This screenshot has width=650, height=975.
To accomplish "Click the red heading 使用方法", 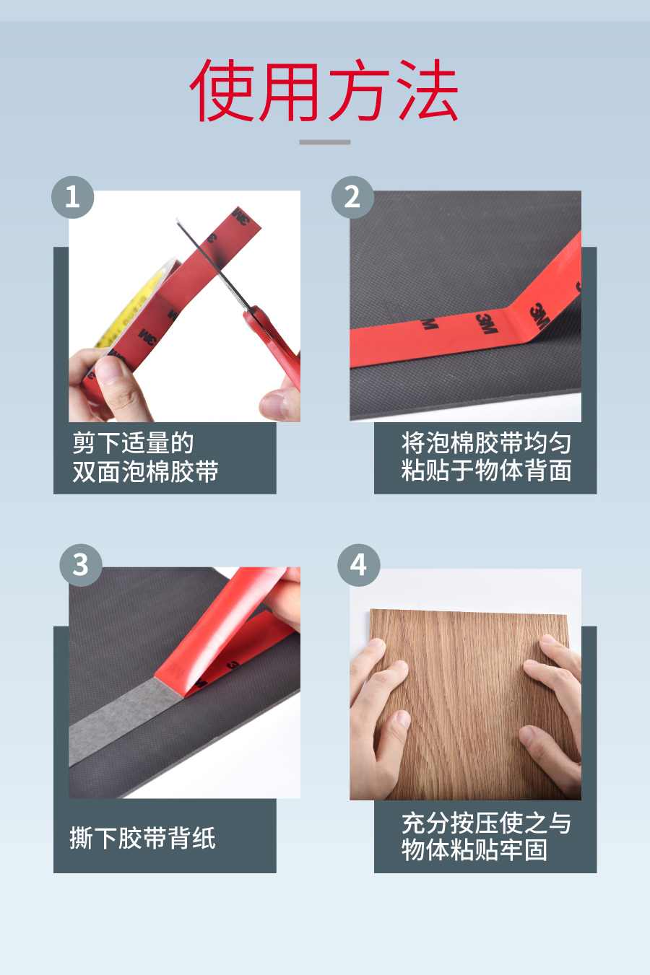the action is [324, 90].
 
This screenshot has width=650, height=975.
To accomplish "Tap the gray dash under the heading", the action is [324, 142].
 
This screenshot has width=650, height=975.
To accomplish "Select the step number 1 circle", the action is [73, 197].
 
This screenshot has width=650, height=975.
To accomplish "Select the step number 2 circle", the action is [352, 197].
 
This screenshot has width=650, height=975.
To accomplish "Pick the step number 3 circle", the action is [81, 565].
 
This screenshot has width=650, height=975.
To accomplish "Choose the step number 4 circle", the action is [359, 565].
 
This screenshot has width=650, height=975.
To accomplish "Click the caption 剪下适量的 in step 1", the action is [133, 442].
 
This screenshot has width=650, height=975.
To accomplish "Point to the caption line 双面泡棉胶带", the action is [145, 471].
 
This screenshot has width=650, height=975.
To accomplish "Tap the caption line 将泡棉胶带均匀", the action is [486, 442].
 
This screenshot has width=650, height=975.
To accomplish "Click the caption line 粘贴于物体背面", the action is [486, 470].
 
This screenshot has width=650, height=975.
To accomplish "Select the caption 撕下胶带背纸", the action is [142, 838].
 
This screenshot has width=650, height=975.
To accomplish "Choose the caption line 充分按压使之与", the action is [486, 823].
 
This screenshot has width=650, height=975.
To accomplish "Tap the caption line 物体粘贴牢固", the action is [474, 849].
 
